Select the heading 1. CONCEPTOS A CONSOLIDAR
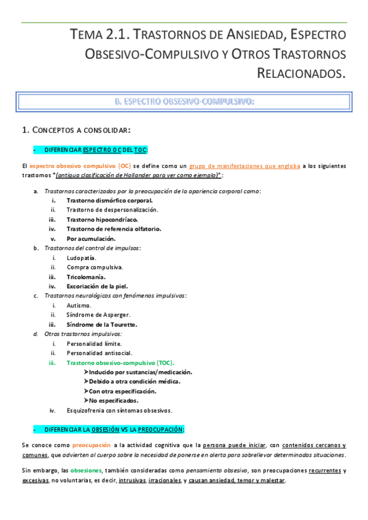coord(76,130)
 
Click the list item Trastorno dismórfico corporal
coord(109,200)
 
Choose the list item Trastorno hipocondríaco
coord(102,219)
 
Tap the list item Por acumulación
coord(91,239)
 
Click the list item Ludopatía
coord(81,258)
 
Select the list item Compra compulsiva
coord(95,267)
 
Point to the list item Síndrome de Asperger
coord(98,315)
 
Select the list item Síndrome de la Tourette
coord(101,324)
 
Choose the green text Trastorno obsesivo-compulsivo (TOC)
coord(120,362)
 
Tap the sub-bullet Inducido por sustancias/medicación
coord(140,372)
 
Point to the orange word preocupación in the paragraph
coord(92,445)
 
